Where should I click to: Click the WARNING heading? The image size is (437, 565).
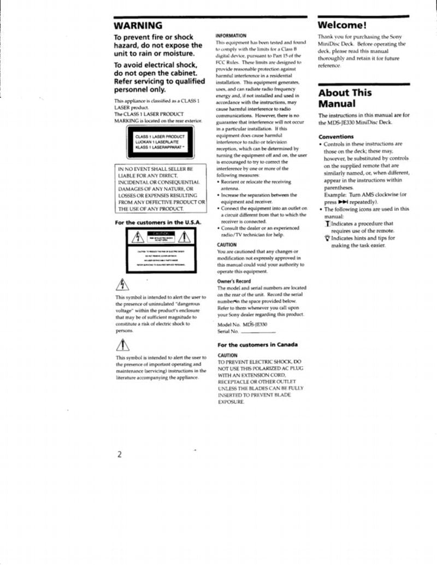[x=138, y=26]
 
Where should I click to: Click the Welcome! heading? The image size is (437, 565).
[x=341, y=25]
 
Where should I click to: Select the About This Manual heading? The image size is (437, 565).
[x=345, y=98]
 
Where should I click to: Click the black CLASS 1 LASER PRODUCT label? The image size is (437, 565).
[x=160, y=142]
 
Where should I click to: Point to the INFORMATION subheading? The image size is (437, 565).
[x=231, y=35]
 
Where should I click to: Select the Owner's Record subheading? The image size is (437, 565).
[x=234, y=281]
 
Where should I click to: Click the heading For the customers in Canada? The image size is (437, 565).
[x=257, y=345]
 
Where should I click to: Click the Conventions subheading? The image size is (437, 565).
[x=335, y=137]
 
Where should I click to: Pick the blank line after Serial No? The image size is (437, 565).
[x=258, y=332]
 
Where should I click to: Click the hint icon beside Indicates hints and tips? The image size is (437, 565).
[x=327, y=238]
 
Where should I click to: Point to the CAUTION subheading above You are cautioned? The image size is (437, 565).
[x=227, y=245]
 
